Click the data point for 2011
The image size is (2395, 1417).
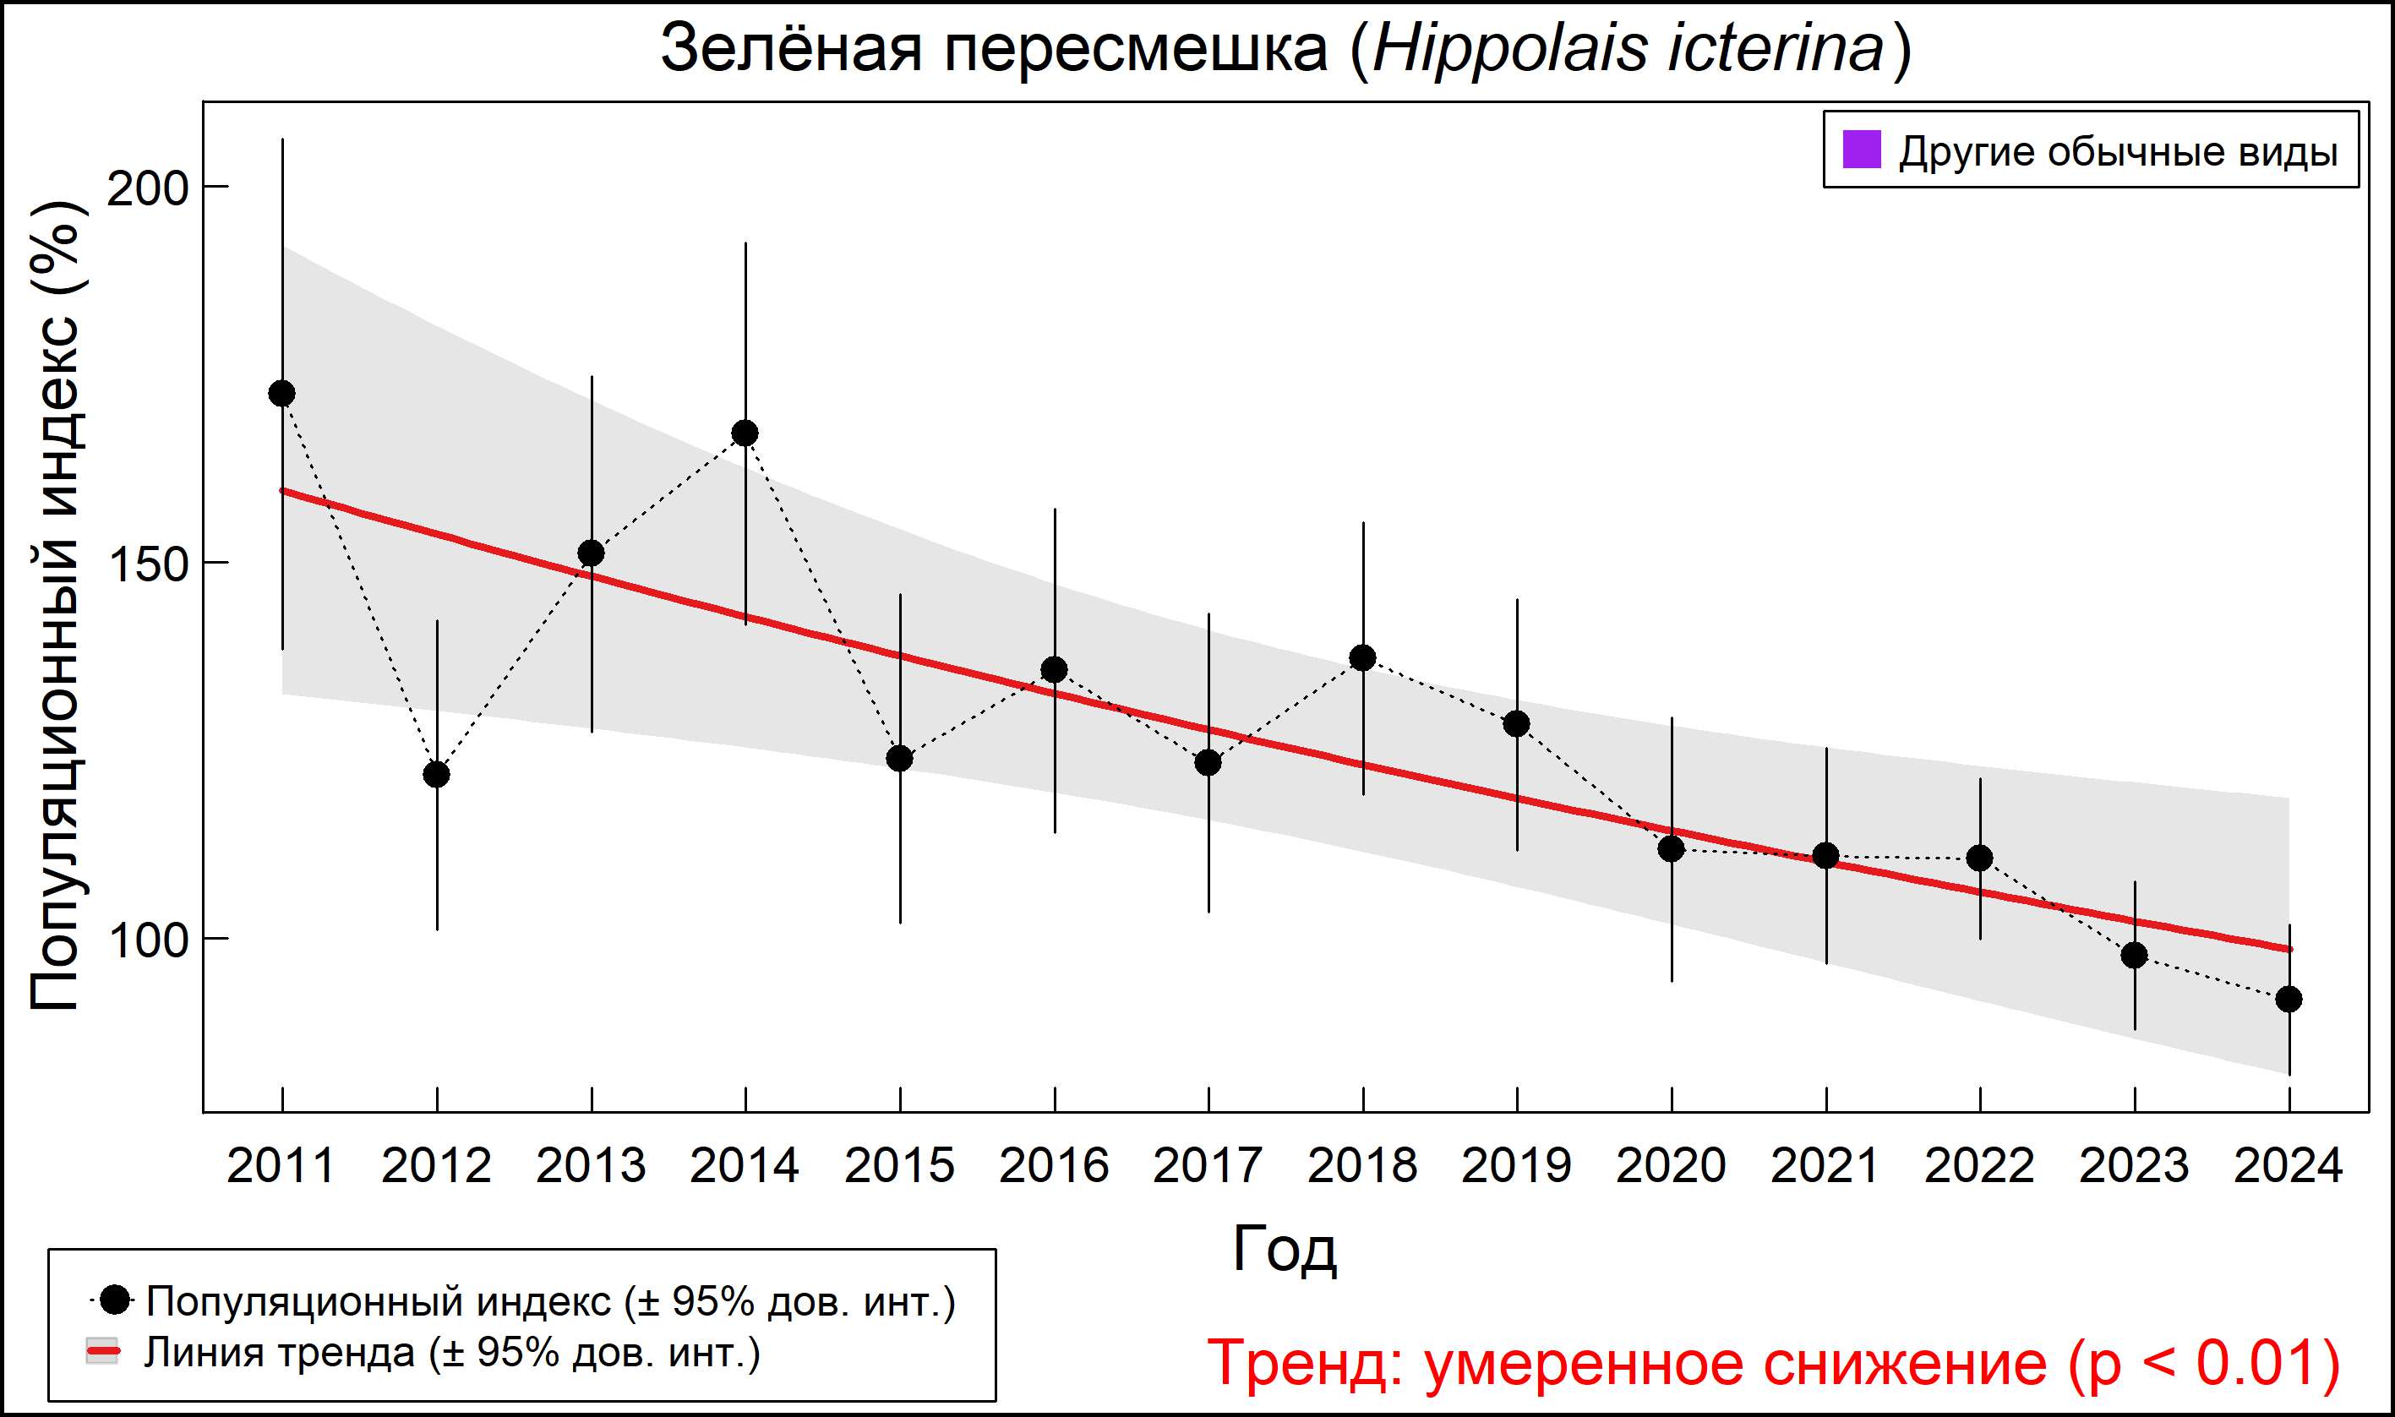click(x=281, y=394)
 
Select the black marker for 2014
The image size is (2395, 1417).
click(x=745, y=433)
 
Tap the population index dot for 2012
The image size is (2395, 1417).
click(x=436, y=774)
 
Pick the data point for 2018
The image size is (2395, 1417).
click(x=1362, y=658)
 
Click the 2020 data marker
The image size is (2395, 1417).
click(x=1671, y=847)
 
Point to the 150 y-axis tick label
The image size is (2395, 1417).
click(x=147, y=564)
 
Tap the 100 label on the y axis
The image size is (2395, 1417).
click(x=147, y=940)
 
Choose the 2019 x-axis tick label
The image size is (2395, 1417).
click(x=1516, y=1166)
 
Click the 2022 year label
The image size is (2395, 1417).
click(x=1979, y=1166)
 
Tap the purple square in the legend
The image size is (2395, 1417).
click(x=1861, y=150)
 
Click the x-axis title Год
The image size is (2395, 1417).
click(x=1285, y=1248)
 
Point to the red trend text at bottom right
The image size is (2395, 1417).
click(x=1773, y=1363)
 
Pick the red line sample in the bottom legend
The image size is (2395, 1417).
click(x=102, y=1352)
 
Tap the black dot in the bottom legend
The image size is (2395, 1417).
click(x=116, y=1300)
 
